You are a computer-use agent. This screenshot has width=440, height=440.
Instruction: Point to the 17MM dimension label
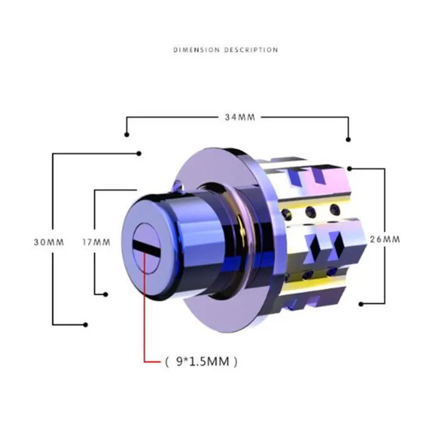[x=96, y=241]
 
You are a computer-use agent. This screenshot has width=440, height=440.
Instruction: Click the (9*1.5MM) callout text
[x=200, y=362]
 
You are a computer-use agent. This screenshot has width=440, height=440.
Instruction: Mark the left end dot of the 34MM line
[x=126, y=134]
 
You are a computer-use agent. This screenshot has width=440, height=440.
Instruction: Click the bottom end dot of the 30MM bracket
[x=86, y=324]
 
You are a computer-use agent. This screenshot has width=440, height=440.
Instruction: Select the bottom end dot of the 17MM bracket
[x=106, y=293]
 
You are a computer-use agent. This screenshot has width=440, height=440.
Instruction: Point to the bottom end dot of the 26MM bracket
[x=360, y=303]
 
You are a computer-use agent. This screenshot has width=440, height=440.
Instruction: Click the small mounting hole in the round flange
[x=177, y=183]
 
